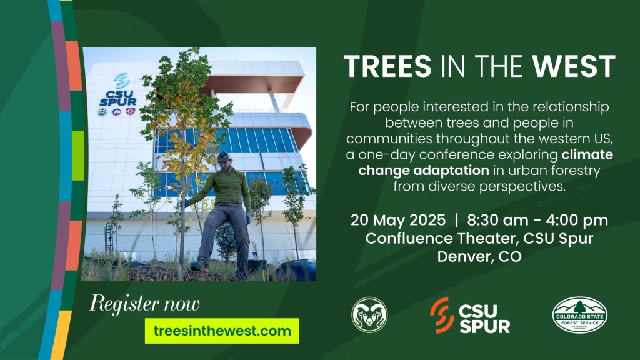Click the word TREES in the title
point(387,66)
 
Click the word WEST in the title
point(574,66)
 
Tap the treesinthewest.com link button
point(222,331)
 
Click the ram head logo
point(369,315)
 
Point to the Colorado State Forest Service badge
point(579,315)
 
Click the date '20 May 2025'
point(398,221)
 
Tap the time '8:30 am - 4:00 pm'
point(537,221)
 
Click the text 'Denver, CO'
point(479,257)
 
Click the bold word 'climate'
point(587,155)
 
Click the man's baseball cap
point(224,157)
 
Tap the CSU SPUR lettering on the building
point(118,98)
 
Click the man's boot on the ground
point(199,266)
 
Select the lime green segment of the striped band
point(78,156)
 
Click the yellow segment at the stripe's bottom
point(61,335)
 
